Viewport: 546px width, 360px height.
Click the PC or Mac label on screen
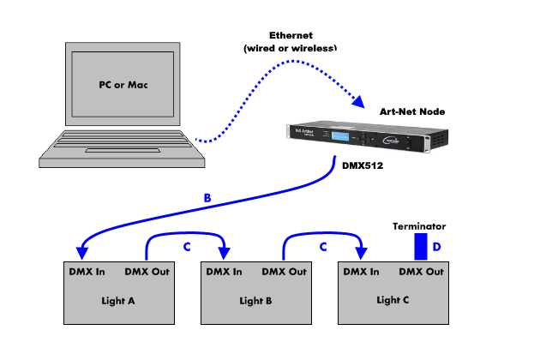[x=120, y=86]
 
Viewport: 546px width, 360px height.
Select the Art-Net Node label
[x=412, y=112]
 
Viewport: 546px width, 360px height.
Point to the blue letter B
[x=207, y=198]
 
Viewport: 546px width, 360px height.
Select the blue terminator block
[x=420, y=248]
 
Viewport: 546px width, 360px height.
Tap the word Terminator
[x=420, y=226]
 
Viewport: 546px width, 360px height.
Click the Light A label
[x=117, y=301]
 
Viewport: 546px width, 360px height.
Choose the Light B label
[x=255, y=301]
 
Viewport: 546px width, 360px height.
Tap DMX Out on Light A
[x=147, y=272]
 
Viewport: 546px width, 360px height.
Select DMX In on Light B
[x=224, y=272]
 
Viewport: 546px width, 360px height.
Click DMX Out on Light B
[x=284, y=272]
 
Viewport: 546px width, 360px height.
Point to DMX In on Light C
[x=361, y=272]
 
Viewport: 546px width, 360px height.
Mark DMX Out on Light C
[x=421, y=272]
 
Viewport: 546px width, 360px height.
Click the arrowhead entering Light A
[x=81, y=252]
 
